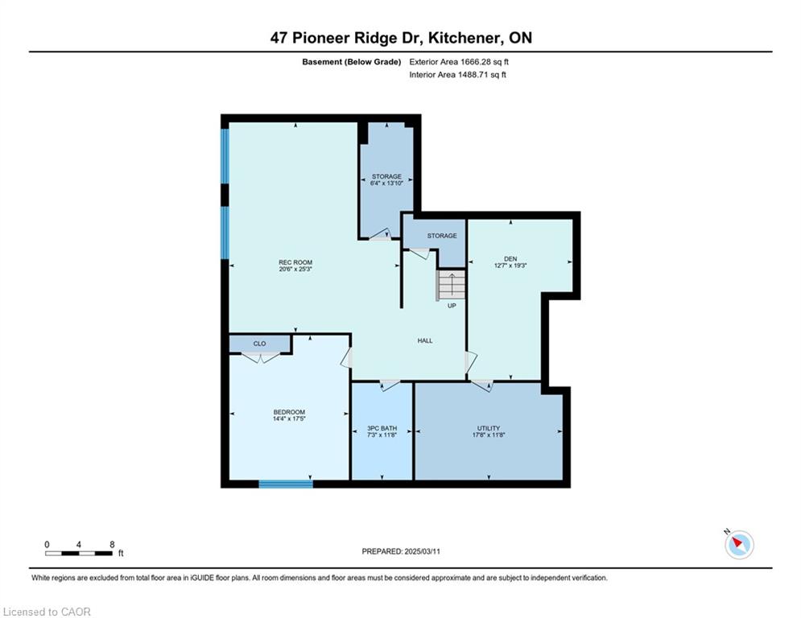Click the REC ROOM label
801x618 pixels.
click(295, 262)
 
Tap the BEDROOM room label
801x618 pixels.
click(289, 412)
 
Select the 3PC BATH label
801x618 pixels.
click(382, 429)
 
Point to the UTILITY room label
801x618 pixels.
click(489, 428)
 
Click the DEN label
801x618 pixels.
click(510, 259)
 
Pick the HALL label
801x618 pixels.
click(425, 340)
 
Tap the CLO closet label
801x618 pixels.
click(259, 344)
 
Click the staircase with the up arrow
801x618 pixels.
click(451, 285)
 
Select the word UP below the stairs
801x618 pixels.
click(452, 306)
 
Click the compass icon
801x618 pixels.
click(739, 545)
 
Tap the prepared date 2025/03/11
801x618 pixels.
click(422, 551)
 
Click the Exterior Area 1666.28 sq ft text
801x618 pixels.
click(459, 62)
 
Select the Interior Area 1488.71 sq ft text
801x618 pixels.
click(458, 75)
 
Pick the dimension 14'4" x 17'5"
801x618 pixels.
click(289, 418)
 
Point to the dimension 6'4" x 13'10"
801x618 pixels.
click(386, 183)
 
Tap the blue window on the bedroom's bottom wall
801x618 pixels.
click(286, 484)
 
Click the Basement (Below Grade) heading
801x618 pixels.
click(352, 62)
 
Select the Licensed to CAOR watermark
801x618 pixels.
click(47, 612)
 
